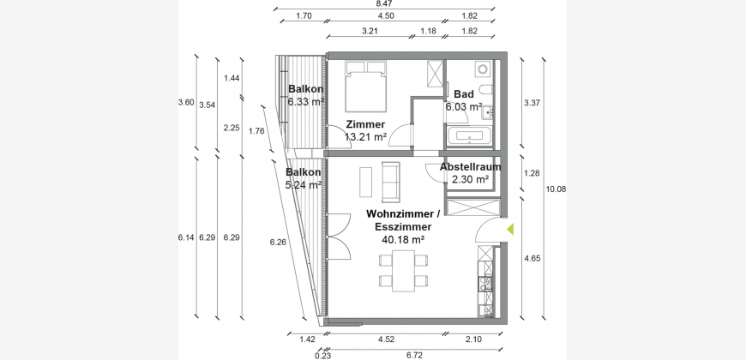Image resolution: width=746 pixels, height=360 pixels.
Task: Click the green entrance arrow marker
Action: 510,229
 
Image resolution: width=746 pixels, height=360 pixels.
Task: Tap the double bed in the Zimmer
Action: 365,86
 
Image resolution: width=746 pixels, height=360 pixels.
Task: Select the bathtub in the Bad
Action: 470,136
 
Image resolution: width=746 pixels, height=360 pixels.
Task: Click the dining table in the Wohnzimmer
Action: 404,271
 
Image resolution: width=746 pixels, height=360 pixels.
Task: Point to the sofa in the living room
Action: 391,181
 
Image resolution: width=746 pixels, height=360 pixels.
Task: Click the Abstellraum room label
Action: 471,167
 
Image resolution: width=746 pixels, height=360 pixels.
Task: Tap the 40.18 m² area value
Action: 403,240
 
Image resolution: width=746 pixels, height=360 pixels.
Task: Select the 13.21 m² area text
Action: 365,137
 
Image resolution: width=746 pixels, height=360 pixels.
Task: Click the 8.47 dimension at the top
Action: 384,3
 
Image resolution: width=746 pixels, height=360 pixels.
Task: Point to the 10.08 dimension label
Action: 556,189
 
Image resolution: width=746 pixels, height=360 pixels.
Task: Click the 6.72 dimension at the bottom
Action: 414,355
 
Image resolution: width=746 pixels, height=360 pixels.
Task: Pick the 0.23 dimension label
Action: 322,355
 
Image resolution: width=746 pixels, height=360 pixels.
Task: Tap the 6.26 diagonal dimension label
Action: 278,242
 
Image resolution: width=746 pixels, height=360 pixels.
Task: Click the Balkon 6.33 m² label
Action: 306,94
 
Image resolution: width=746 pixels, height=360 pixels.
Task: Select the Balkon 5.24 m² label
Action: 303,178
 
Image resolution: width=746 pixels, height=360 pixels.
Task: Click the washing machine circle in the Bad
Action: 484,69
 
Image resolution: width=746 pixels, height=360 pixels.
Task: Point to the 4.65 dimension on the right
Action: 532,259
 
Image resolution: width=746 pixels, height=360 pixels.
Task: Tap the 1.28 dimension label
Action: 532,173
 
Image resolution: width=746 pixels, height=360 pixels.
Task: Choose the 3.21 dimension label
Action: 370,32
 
